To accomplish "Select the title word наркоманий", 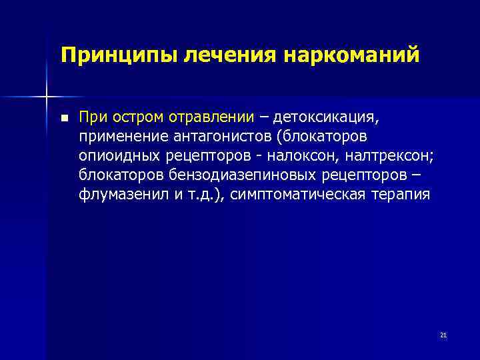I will coord(353,55).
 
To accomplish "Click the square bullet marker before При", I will coord(64,119).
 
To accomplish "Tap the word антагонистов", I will coord(219,137).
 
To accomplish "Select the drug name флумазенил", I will coord(119,195).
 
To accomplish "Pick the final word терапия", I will coord(402,195).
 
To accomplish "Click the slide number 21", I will coord(443,335).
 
